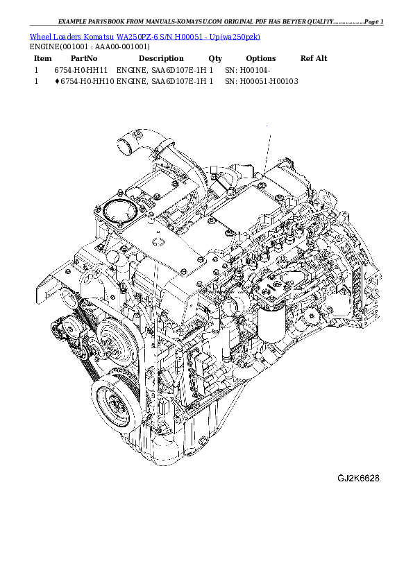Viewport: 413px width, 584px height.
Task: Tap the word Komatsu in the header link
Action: (99, 37)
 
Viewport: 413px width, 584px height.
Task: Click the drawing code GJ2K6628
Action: (358, 479)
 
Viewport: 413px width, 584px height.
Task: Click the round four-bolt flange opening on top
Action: (113, 211)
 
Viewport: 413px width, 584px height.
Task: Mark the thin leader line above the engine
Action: (267, 146)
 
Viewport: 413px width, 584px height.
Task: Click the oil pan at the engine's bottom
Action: (187, 444)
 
